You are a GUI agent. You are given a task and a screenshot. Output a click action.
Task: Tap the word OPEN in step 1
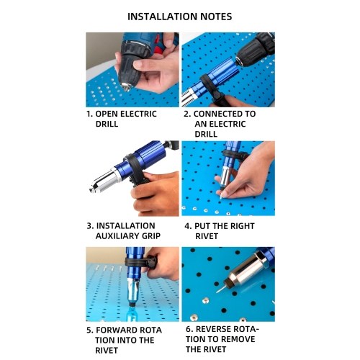107,114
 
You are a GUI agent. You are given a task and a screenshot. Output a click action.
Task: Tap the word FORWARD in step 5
117,330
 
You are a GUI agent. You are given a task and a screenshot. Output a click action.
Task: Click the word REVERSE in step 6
213,329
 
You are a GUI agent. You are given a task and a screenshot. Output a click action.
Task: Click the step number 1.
89,114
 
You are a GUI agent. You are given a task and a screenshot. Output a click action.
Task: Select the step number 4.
187,226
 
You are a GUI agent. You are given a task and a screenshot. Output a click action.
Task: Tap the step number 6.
189,329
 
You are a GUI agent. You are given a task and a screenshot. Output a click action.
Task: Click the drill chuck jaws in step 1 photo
127,87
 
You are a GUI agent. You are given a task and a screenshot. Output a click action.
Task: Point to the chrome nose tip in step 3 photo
93,190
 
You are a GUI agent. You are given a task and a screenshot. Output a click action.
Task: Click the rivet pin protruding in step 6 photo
221,289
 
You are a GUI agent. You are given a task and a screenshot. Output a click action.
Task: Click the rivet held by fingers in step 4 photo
222,196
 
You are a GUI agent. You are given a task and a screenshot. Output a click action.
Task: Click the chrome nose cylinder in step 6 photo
247,270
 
